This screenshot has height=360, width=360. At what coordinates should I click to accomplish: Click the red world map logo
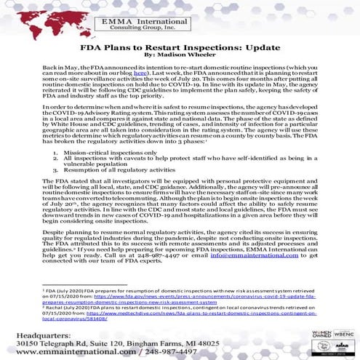pos(44,23)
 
